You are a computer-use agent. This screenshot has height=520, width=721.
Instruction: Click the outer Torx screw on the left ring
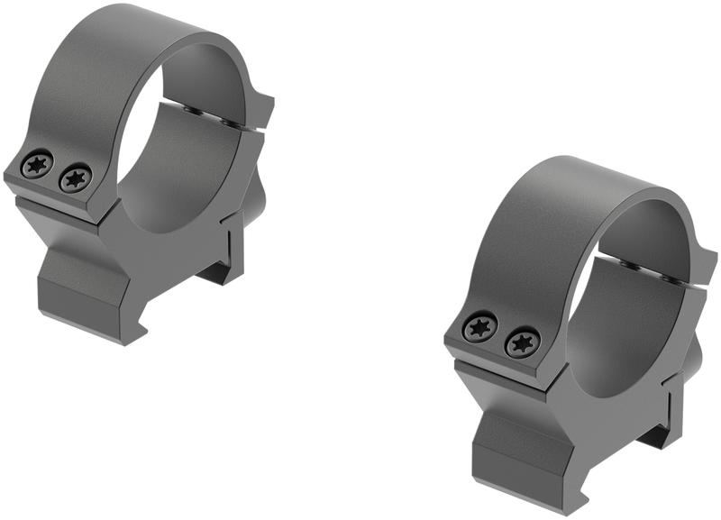point(37,165)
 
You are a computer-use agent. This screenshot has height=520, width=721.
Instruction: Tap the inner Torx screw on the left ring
point(75,178)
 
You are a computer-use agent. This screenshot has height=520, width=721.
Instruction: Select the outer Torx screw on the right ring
point(479,327)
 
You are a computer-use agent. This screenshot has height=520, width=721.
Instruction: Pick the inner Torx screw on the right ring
point(522,342)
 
